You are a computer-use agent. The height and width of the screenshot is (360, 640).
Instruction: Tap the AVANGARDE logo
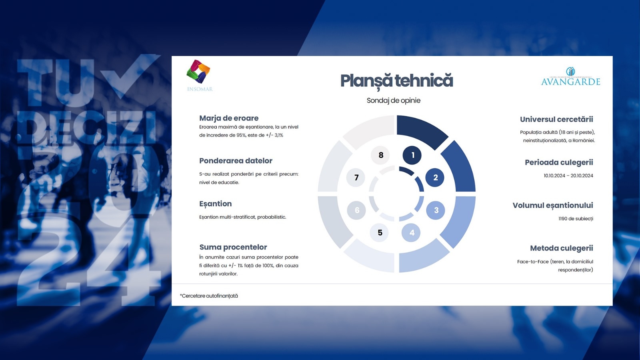(x=570, y=76)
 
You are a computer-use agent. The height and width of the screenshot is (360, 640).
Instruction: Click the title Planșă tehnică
(x=396, y=81)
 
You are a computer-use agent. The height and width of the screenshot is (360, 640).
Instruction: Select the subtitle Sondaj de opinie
(x=394, y=100)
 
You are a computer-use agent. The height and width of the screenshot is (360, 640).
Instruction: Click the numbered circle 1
(x=412, y=155)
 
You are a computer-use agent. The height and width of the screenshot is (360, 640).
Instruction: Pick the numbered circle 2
(x=435, y=178)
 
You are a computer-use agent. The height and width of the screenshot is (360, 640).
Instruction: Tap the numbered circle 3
(x=436, y=210)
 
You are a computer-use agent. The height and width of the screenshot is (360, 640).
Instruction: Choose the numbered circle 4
(x=411, y=232)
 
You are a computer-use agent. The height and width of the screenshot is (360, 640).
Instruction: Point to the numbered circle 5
(x=379, y=232)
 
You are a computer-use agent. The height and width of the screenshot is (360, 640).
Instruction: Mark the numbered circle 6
(x=356, y=210)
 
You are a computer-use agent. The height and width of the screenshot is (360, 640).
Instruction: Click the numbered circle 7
(x=356, y=178)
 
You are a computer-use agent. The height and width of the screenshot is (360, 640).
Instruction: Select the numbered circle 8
(x=380, y=155)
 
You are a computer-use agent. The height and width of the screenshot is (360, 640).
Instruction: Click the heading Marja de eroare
(x=229, y=118)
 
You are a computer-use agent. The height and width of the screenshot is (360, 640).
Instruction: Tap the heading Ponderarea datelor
(x=236, y=160)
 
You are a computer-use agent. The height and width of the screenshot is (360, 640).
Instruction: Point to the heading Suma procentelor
(x=233, y=247)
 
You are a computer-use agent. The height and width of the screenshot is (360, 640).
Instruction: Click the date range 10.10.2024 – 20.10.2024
(x=568, y=176)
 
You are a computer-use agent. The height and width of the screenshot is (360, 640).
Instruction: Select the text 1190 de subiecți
(x=576, y=219)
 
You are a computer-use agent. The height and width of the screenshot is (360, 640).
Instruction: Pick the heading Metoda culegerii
(x=562, y=248)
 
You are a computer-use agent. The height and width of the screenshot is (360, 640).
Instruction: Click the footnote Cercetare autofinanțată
(x=210, y=296)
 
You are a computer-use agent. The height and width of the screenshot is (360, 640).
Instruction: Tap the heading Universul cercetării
(x=556, y=120)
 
